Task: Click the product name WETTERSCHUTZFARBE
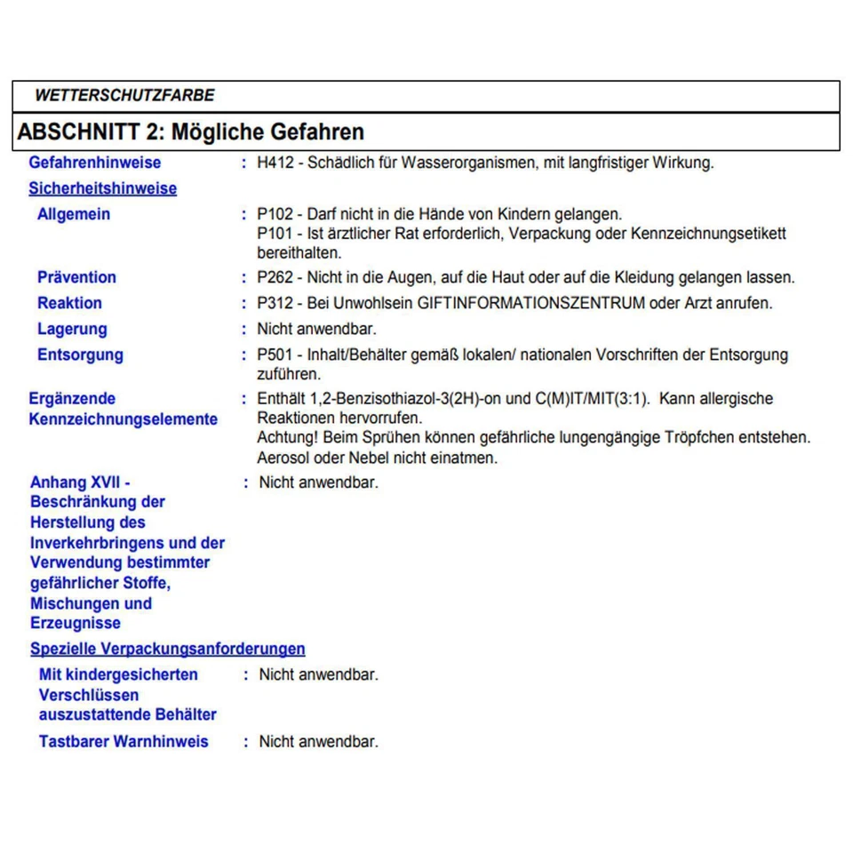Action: click(124, 95)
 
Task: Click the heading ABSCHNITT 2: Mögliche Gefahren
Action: click(191, 132)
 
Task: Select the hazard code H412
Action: click(274, 163)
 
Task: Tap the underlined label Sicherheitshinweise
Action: click(102, 188)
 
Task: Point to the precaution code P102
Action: click(274, 214)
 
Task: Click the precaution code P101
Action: click(274, 234)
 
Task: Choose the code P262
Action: click(275, 277)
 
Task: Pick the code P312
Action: click(275, 303)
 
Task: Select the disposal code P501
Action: click(275, 355)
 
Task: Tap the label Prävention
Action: click(76, 277)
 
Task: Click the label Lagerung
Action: click(72, 329)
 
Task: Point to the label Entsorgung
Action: click(80, 355)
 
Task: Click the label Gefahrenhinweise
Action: click(95, 163)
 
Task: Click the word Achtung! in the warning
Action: click(287, 438)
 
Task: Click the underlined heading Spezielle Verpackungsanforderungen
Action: click(168, 649)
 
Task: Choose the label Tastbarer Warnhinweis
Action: click(124, 741)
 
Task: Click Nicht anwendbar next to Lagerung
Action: click(316, 329)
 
